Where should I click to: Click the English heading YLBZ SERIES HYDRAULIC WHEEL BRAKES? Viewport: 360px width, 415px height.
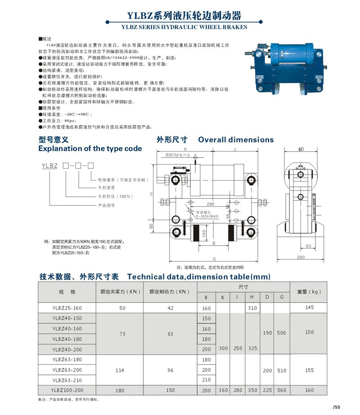pyautogui.click(x=184, y=27)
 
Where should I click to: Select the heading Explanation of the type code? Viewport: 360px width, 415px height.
pyautogui.click(x=90, y=149)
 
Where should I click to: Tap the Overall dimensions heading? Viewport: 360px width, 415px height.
pyautogui.click(x=236, y=140)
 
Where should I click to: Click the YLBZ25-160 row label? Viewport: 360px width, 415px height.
pyautogui.click(x=67, y=308)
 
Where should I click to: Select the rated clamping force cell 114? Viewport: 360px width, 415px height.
pyautogui.click(x=120, y=370)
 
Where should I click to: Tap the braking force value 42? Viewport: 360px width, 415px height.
pyautogui.click(x=170, y=308)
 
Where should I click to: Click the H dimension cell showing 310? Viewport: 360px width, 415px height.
pyautogui.click(x=252, y=308)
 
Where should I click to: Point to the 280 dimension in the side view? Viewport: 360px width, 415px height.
pyautogui.click(x=301, y=257)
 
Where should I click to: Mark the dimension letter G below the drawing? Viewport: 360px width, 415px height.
pyautogui.click(x=214, y=259)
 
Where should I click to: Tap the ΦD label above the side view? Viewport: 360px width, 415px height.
pyautogui.click(x=301, y=149)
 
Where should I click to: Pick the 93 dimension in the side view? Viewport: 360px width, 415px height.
pyautogui.click(x=308, y=246)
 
